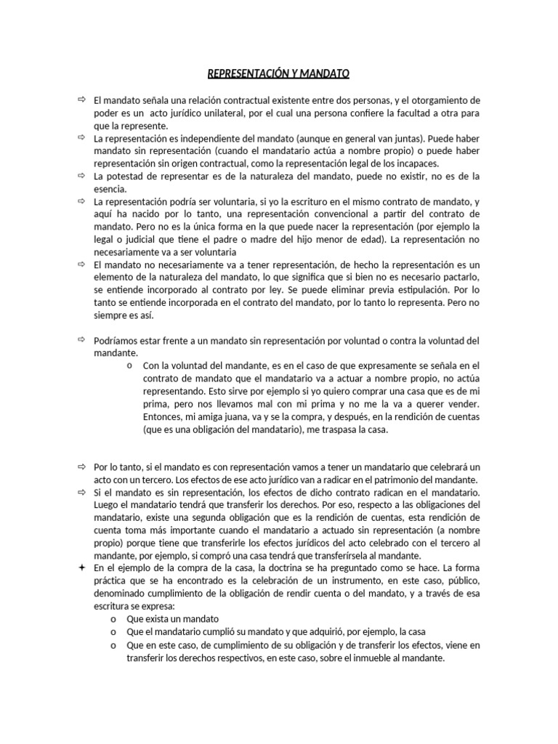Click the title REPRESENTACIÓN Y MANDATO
point(279,74)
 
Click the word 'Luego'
point(108,505)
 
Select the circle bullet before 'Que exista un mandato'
point(114,619)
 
